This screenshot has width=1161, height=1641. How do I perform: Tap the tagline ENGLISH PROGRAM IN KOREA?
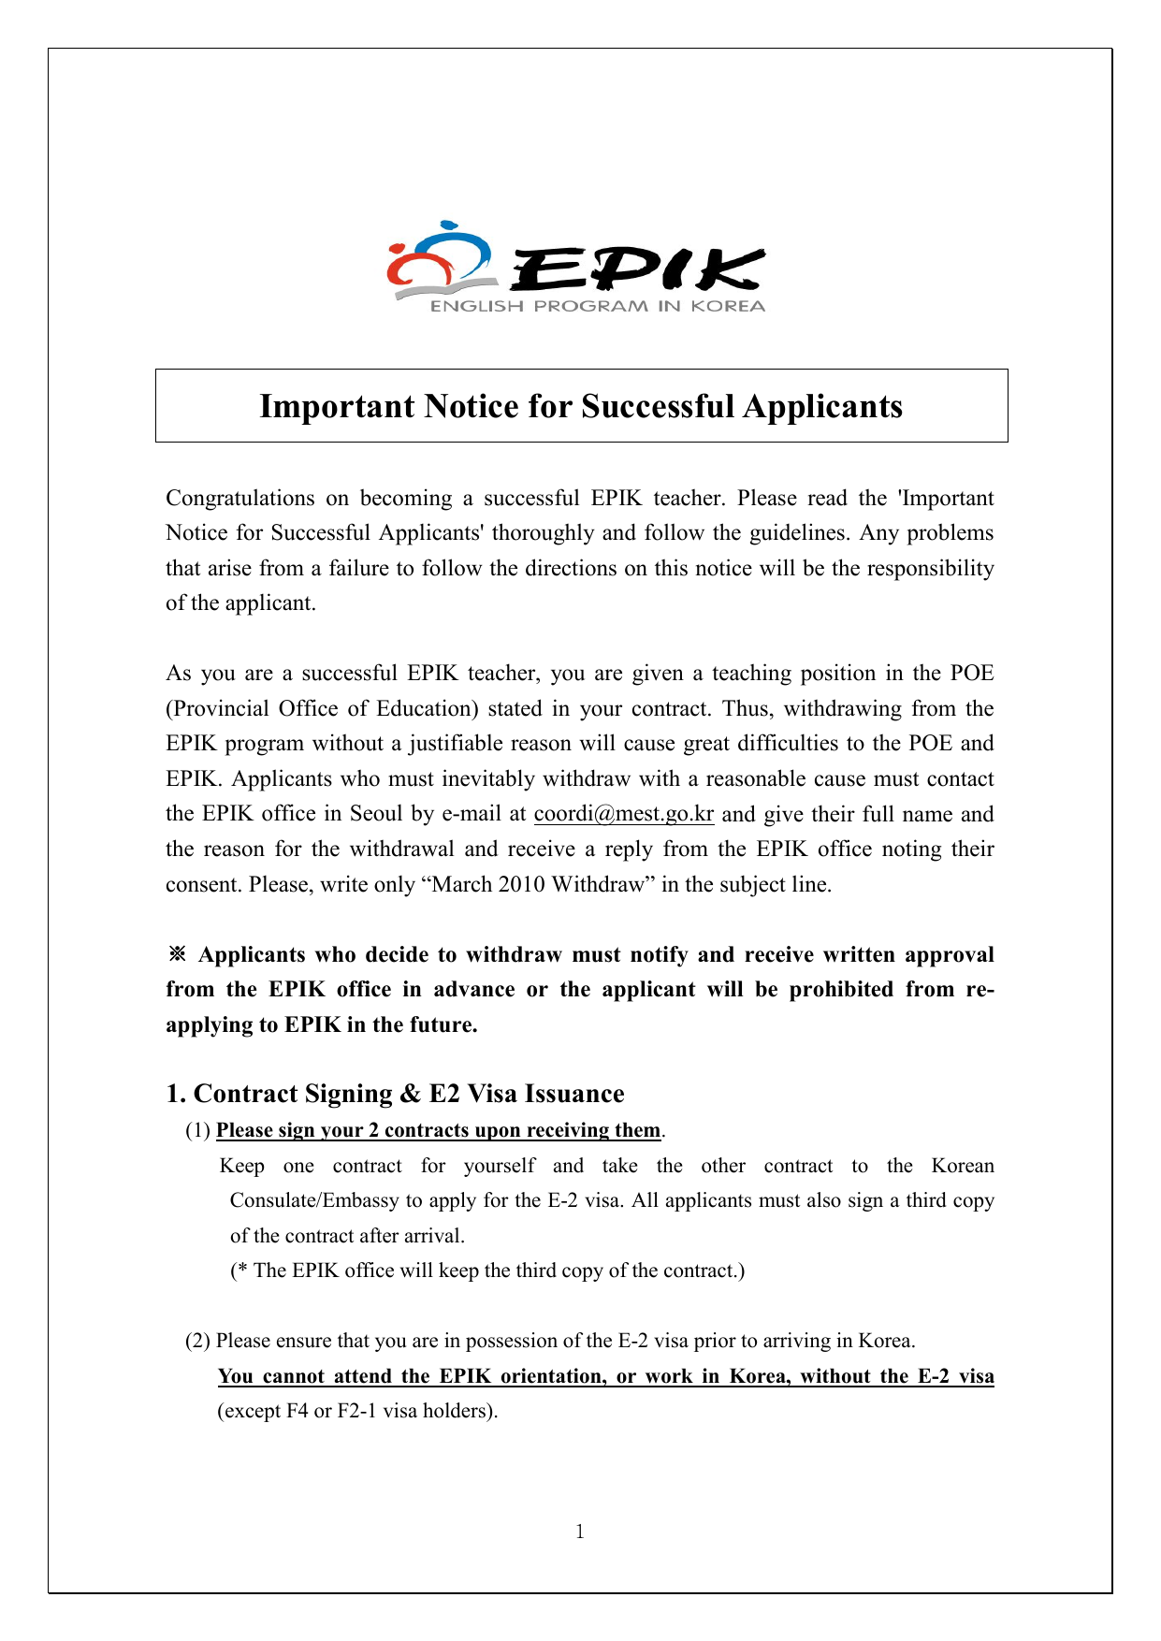click(x=597, y=307)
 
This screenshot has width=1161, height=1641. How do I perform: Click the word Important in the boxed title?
click(x=337, y=407)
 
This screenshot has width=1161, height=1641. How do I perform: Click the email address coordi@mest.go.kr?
click(x=624, y=814)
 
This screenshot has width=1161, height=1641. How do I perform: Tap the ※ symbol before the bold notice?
click(x=177, y=955)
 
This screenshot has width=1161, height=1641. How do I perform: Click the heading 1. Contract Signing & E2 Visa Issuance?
click(x=395, y=1094)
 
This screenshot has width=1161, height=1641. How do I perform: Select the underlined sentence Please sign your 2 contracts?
click(x=438, y=1130)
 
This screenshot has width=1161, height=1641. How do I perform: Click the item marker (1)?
click(x=197, y=1130)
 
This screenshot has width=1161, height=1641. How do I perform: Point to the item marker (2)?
click(x=197, y=1341)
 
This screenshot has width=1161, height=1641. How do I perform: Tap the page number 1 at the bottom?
click(x=580, y=1532)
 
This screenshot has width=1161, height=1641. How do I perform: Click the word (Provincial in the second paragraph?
click(x=216, y=709)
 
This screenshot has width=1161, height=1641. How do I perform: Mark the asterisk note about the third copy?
click(x=487, y=1271)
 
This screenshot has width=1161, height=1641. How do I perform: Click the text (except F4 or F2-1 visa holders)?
click(x=357, y=1411)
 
